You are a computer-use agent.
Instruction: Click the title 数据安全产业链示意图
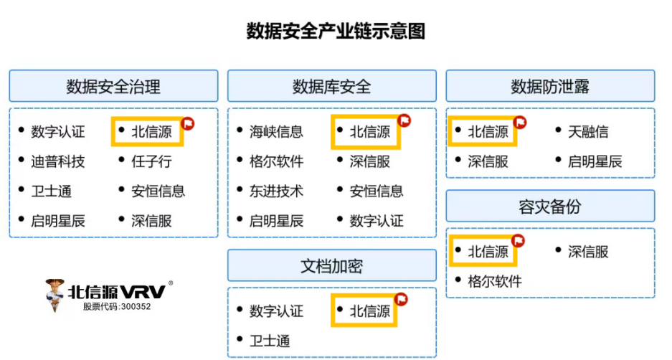336,32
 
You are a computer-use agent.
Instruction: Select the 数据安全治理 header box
113,87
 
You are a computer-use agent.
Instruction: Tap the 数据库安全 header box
331,87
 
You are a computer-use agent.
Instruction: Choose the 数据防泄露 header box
550,87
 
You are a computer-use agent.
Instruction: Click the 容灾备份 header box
550,207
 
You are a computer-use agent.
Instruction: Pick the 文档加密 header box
331,266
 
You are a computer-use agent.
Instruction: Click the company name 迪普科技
57,161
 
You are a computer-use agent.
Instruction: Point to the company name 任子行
151,161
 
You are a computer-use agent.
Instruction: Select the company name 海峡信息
276,132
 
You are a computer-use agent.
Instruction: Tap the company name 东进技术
276,191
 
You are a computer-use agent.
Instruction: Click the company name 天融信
588,132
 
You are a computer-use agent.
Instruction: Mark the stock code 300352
134,306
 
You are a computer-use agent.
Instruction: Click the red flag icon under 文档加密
402,298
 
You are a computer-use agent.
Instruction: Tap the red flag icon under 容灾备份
520,240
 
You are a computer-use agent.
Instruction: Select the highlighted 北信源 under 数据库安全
370,132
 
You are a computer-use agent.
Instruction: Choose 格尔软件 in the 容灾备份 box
495,281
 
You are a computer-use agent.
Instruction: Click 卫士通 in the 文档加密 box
270,341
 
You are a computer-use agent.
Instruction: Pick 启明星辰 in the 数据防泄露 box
595,161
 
